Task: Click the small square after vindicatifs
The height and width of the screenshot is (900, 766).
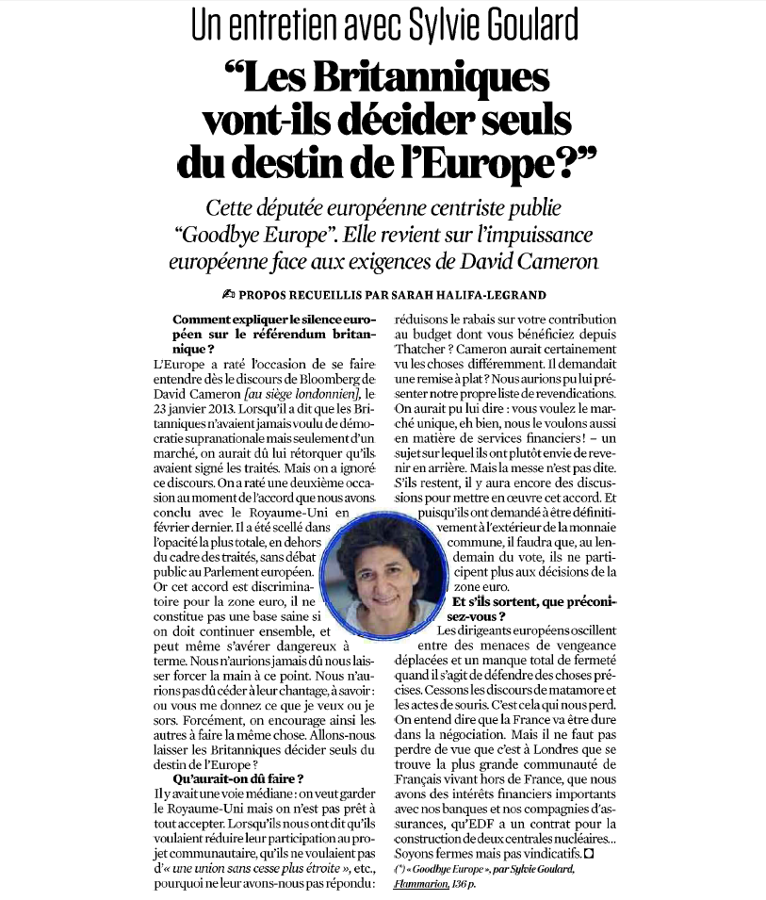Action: click(590, 854)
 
